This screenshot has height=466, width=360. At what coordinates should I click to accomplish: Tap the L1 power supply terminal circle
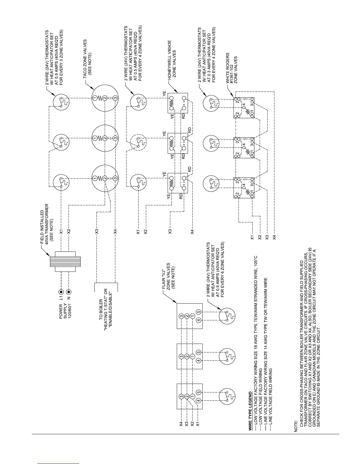[61, 292]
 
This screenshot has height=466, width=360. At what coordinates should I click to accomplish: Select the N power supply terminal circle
[69, 292]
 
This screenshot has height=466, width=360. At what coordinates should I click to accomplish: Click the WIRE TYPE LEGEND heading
[250, 411]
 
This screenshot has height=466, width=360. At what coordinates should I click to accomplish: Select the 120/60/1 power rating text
[70, 311]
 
